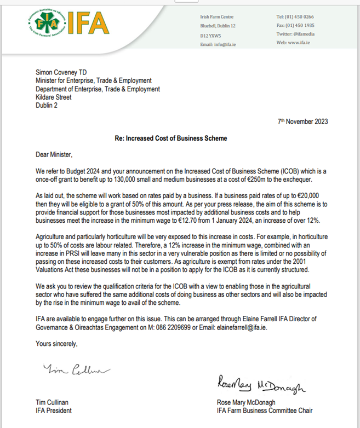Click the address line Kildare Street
[x=54, y=97]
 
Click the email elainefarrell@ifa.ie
[x=245, y=327]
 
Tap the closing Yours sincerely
[x=57, y=344]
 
